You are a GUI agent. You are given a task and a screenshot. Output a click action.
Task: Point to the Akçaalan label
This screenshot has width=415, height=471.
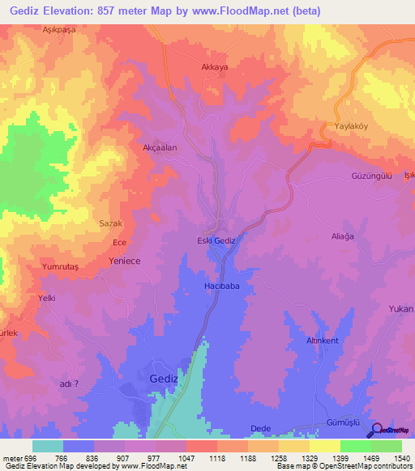[160, 148]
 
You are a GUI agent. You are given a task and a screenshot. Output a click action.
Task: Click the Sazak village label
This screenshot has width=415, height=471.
[110, 223]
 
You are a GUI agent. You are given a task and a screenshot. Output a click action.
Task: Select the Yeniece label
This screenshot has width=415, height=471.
[125, 261]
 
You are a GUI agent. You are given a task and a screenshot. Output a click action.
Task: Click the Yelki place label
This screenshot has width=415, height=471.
[46, 299]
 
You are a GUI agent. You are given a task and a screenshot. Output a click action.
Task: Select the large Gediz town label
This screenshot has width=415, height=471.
[165, 379]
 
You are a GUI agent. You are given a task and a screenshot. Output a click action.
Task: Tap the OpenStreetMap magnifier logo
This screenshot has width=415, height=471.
[376, 430]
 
